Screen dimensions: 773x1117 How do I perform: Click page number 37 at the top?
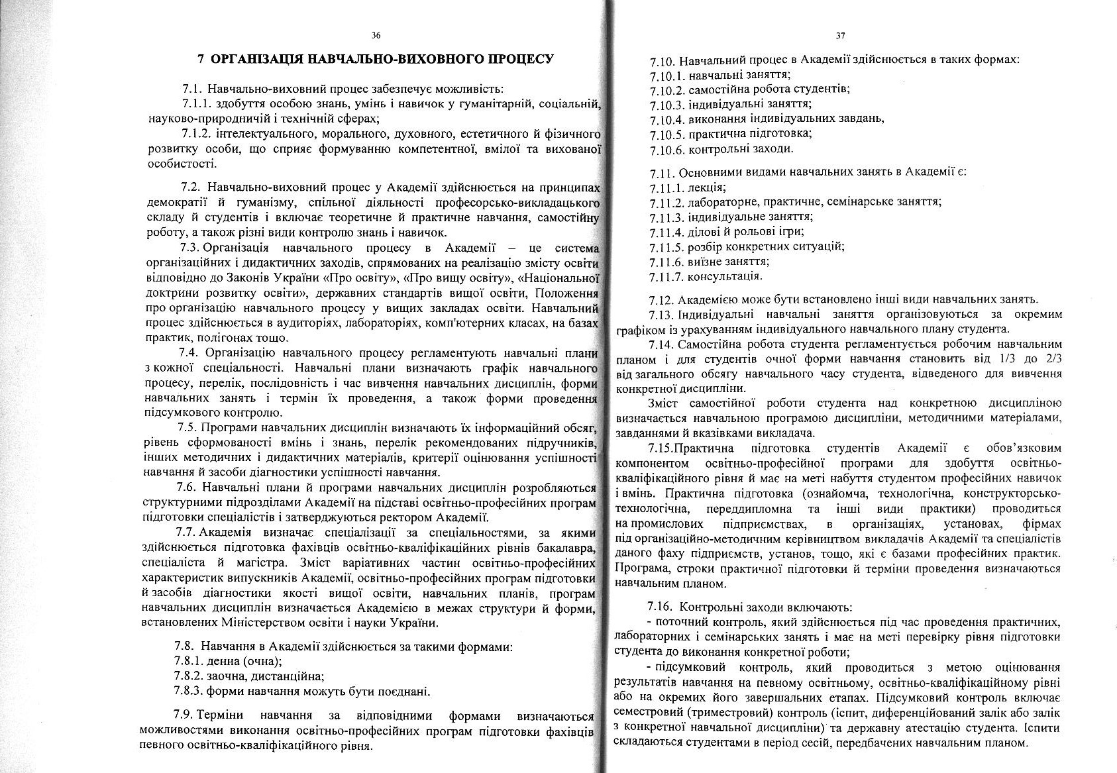click(840, 35)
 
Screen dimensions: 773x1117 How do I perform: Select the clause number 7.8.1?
click(188, 661)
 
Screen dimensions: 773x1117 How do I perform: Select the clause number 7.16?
click(660, 607)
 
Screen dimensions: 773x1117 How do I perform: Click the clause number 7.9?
click(183, 716)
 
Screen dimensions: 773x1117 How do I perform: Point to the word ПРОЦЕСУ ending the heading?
click(521, 59)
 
